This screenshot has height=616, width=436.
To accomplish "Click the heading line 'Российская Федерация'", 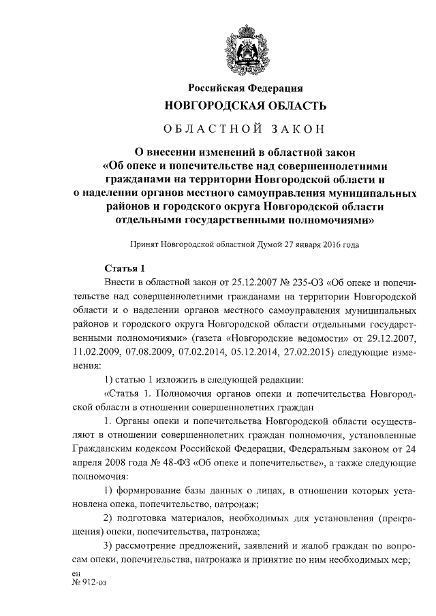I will [x=245, y=88].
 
